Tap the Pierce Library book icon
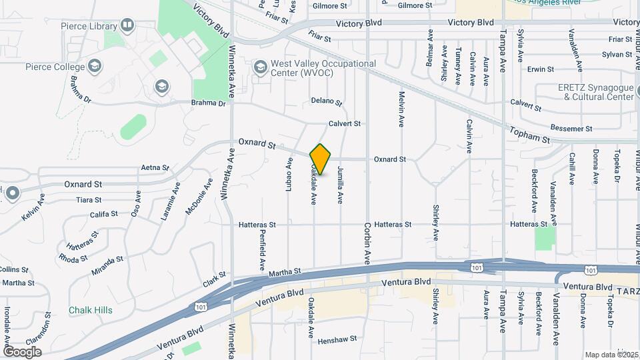pos(127,26)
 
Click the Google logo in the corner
pos(23,351)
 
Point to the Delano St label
pos(327,102)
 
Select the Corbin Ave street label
pos(367,244)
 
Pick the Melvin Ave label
pos(402,109)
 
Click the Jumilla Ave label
pos(340,185)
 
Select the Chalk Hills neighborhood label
pos(91,310)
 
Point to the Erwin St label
pos(540,69)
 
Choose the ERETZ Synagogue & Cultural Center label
pos(595,92)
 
